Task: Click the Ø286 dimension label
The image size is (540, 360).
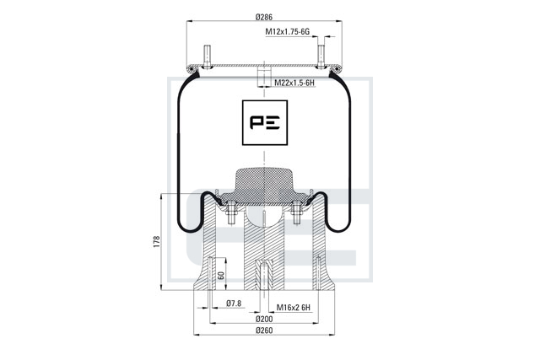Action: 264,17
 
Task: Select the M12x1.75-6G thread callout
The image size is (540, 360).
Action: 287,32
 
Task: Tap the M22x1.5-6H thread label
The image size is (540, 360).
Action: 294,83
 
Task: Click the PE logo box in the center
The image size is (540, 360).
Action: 265,122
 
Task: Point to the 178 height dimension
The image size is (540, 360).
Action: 157,242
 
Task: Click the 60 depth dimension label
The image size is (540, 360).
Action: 221,276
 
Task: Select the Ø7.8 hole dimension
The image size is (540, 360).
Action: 234,304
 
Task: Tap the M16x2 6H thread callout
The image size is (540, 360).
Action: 294,307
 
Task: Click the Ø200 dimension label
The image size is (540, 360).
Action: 264,319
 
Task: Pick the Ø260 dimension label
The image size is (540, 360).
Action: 264,330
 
